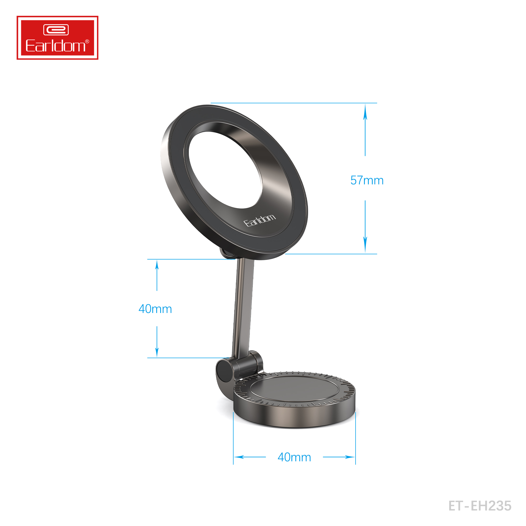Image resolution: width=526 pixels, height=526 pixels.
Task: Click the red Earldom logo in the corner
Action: [x=57, y=38]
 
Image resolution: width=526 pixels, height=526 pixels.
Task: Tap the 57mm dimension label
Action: [x=367, y=180]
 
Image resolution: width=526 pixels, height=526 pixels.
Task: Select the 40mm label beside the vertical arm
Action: [x=155, y=309]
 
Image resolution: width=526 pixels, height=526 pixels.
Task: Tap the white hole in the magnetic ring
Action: [x=225, y=170]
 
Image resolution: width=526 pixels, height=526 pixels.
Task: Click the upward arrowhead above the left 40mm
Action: [x=157, y=265]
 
